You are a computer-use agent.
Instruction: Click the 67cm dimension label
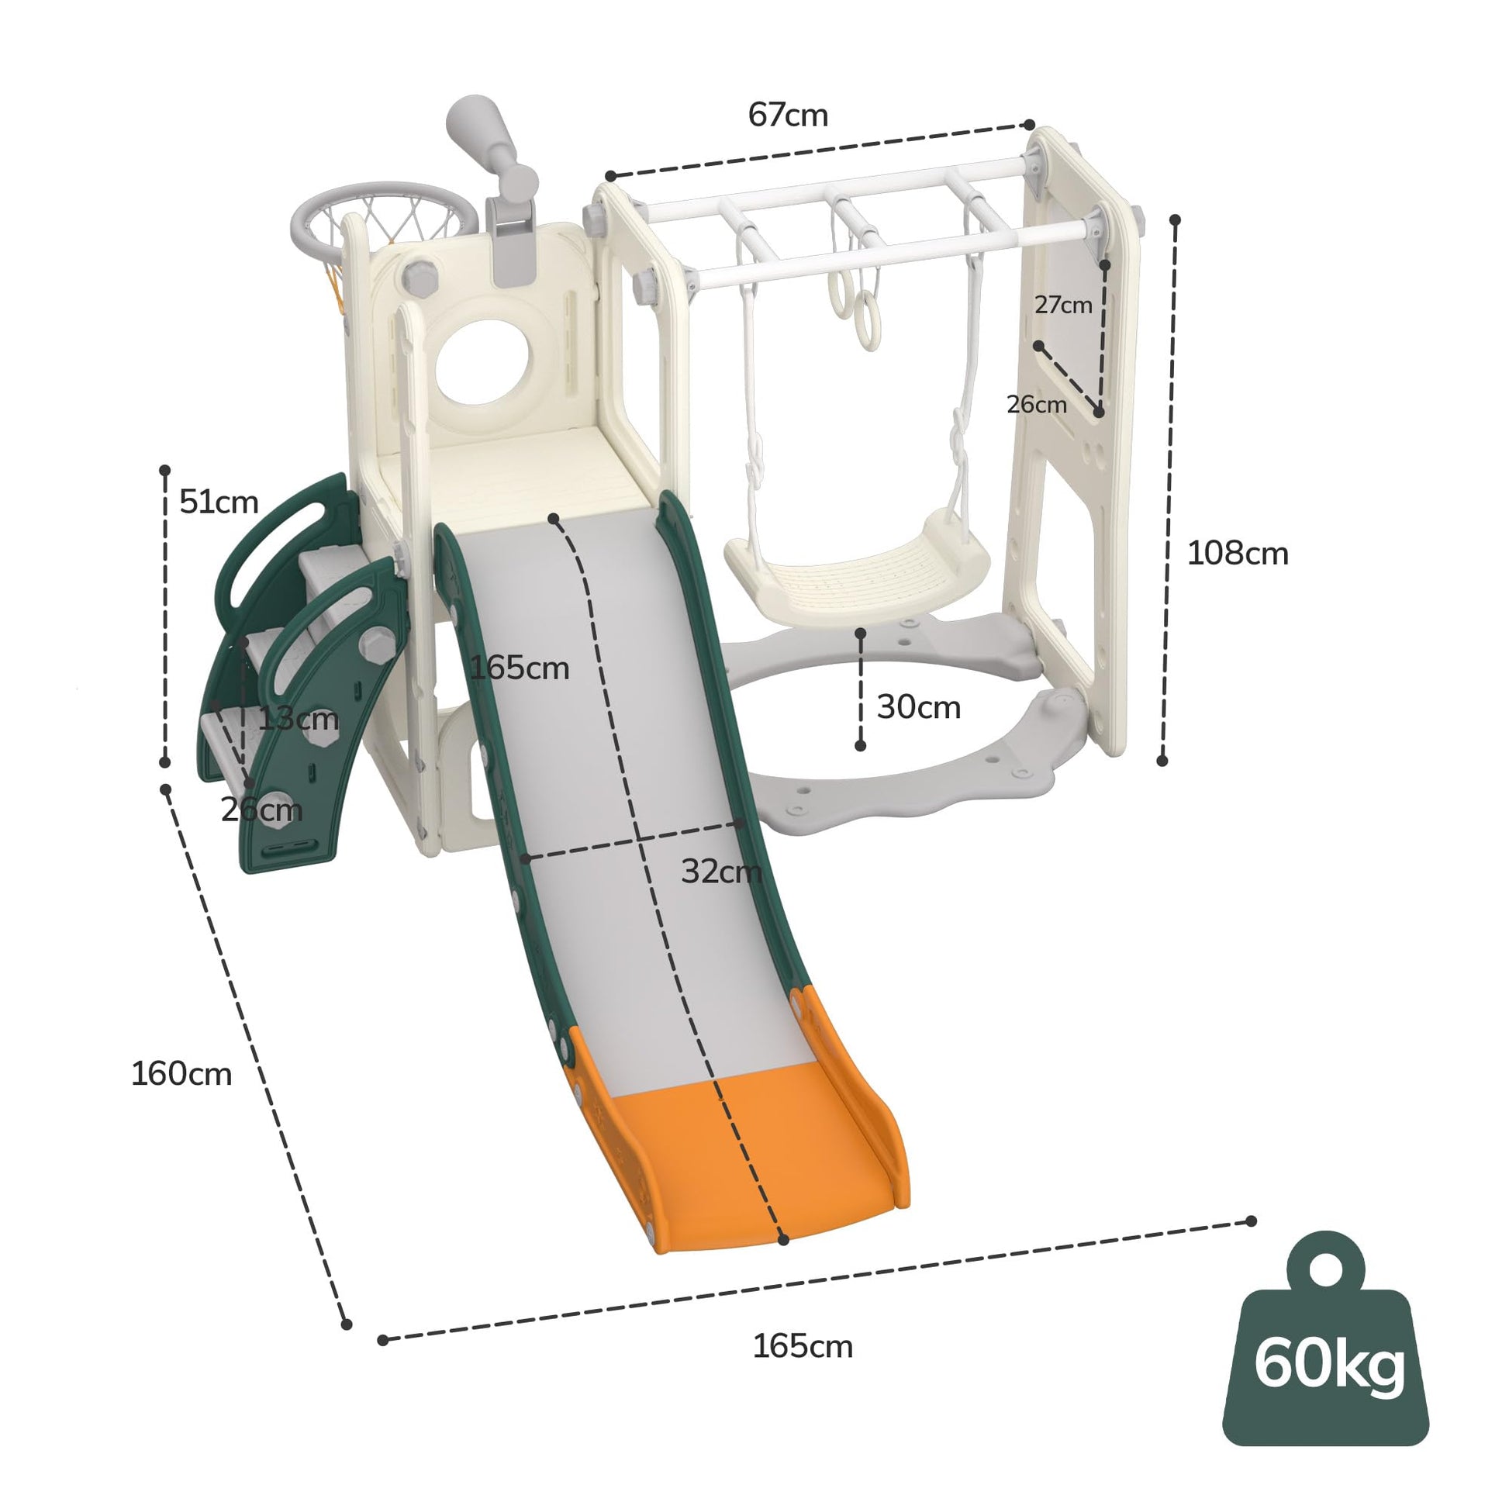point(787,115)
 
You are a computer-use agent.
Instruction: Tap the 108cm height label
point(1237,553)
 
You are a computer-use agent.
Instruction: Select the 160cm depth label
point(181,1074)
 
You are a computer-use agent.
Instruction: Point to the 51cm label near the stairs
point(219,502)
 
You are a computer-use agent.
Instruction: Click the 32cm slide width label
point(721,871)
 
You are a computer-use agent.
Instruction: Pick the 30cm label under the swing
point(919,706)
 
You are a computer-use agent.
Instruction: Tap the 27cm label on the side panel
point(1063,305)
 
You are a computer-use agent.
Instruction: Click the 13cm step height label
point(299,719)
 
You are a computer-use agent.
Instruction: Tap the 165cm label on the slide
point(520,668)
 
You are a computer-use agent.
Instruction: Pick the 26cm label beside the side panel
point(1037,404)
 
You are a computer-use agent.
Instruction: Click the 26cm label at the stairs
point(261,810)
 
